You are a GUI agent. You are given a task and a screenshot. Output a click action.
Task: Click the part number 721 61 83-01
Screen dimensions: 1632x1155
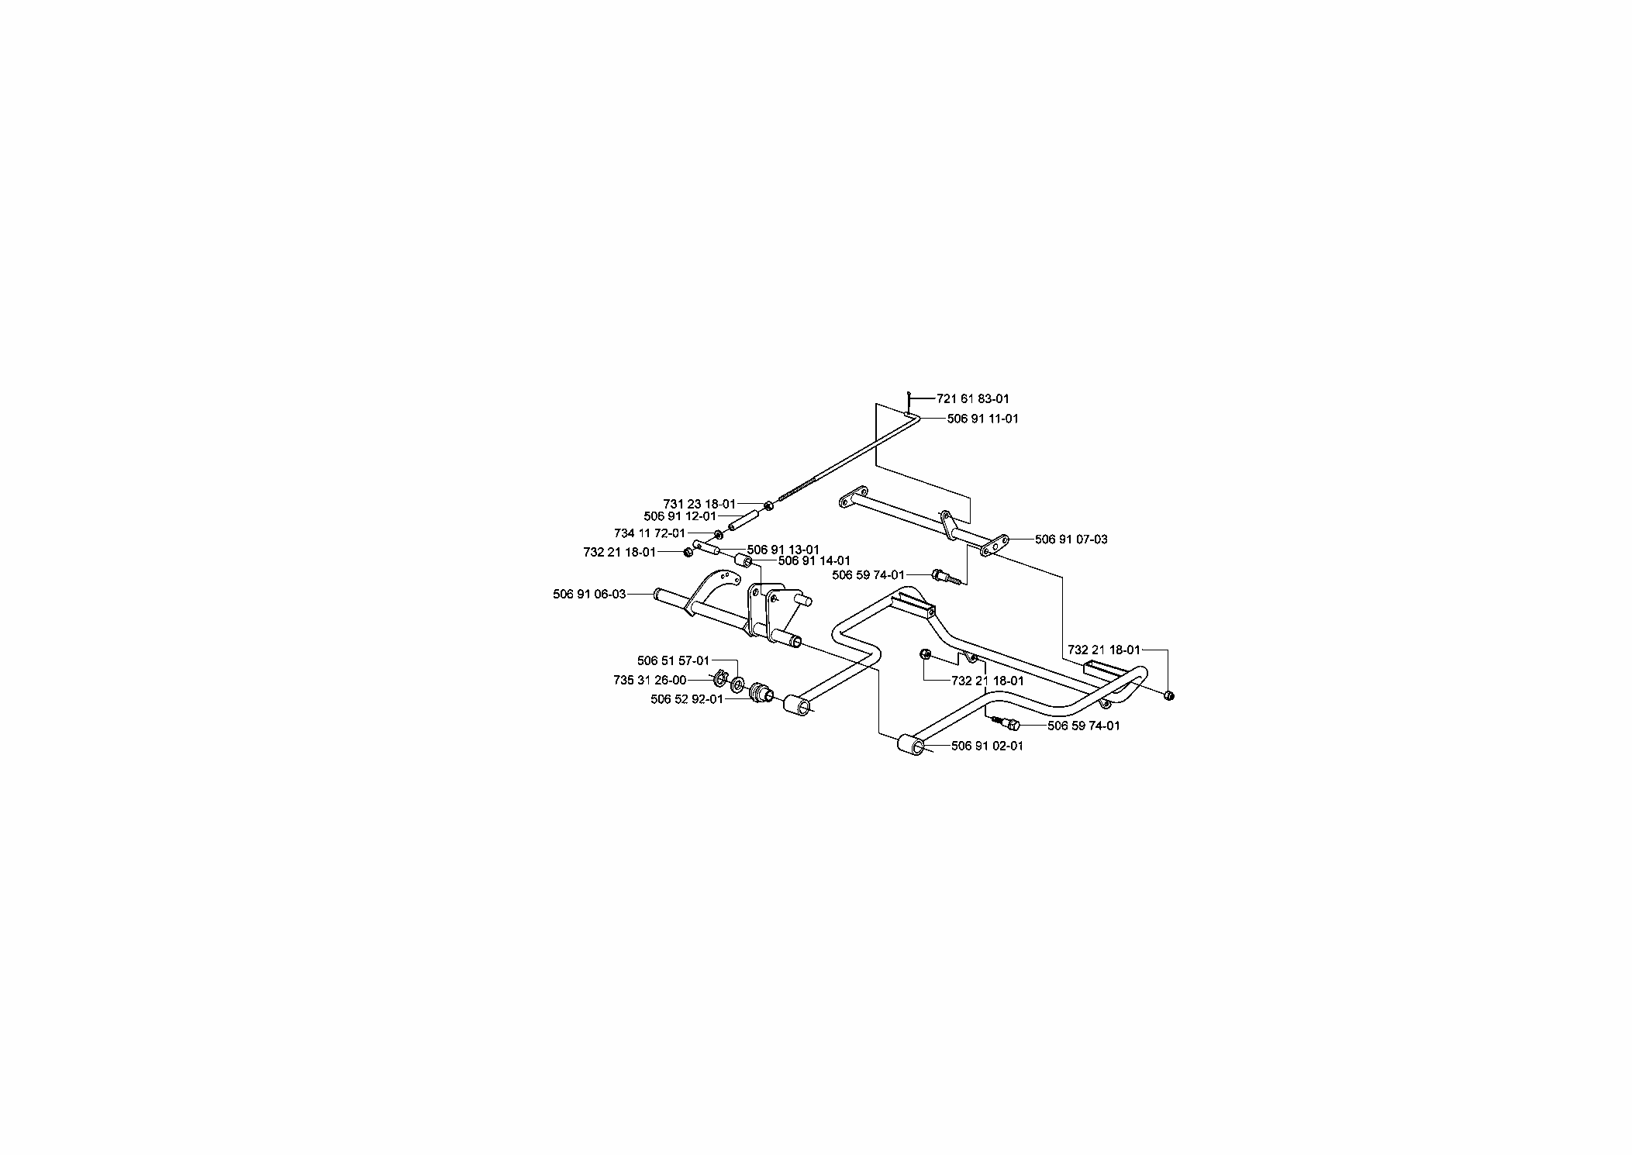pos(973,398)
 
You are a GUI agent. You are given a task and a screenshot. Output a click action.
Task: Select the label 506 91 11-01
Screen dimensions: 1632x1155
pos(983,419)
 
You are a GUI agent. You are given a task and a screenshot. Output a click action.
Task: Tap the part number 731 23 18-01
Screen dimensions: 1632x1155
pos(699,504)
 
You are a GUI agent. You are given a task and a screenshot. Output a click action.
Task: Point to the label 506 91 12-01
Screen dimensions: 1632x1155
pos(680,516)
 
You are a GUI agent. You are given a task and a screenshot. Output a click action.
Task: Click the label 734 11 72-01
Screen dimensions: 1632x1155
pos(650,533)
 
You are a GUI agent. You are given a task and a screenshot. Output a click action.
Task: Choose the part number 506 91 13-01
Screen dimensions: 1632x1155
pos(783,550)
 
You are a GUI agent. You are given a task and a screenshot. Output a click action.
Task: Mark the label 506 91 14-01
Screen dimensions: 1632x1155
pos(814,560)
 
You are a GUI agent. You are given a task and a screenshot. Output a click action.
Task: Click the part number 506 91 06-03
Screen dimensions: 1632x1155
pos(589,594)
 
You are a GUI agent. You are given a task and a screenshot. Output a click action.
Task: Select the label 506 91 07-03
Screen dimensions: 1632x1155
pos(1071,540)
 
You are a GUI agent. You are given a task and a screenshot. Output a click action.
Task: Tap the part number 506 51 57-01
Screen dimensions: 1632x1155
pos(673,660)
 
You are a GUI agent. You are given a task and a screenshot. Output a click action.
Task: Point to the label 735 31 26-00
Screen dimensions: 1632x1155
pos(650,680)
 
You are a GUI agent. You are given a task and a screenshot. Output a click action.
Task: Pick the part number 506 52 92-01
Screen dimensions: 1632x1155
pos(687,699)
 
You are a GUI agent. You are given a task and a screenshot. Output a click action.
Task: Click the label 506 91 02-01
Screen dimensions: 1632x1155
pos(987,746)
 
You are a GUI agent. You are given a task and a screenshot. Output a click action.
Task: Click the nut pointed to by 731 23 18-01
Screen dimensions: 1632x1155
pos(768,506)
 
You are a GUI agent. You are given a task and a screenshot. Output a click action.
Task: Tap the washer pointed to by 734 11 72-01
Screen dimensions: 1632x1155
pos(719,534)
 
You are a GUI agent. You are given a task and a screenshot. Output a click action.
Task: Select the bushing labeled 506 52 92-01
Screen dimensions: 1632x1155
pos(760,689)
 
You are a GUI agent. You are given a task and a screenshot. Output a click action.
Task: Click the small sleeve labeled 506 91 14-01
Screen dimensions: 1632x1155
pos(742,560)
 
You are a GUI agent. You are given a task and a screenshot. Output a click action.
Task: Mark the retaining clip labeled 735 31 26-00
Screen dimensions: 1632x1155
pos(719,680)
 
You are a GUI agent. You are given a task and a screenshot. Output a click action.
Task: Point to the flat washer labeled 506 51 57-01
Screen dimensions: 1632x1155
pos(737,685)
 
